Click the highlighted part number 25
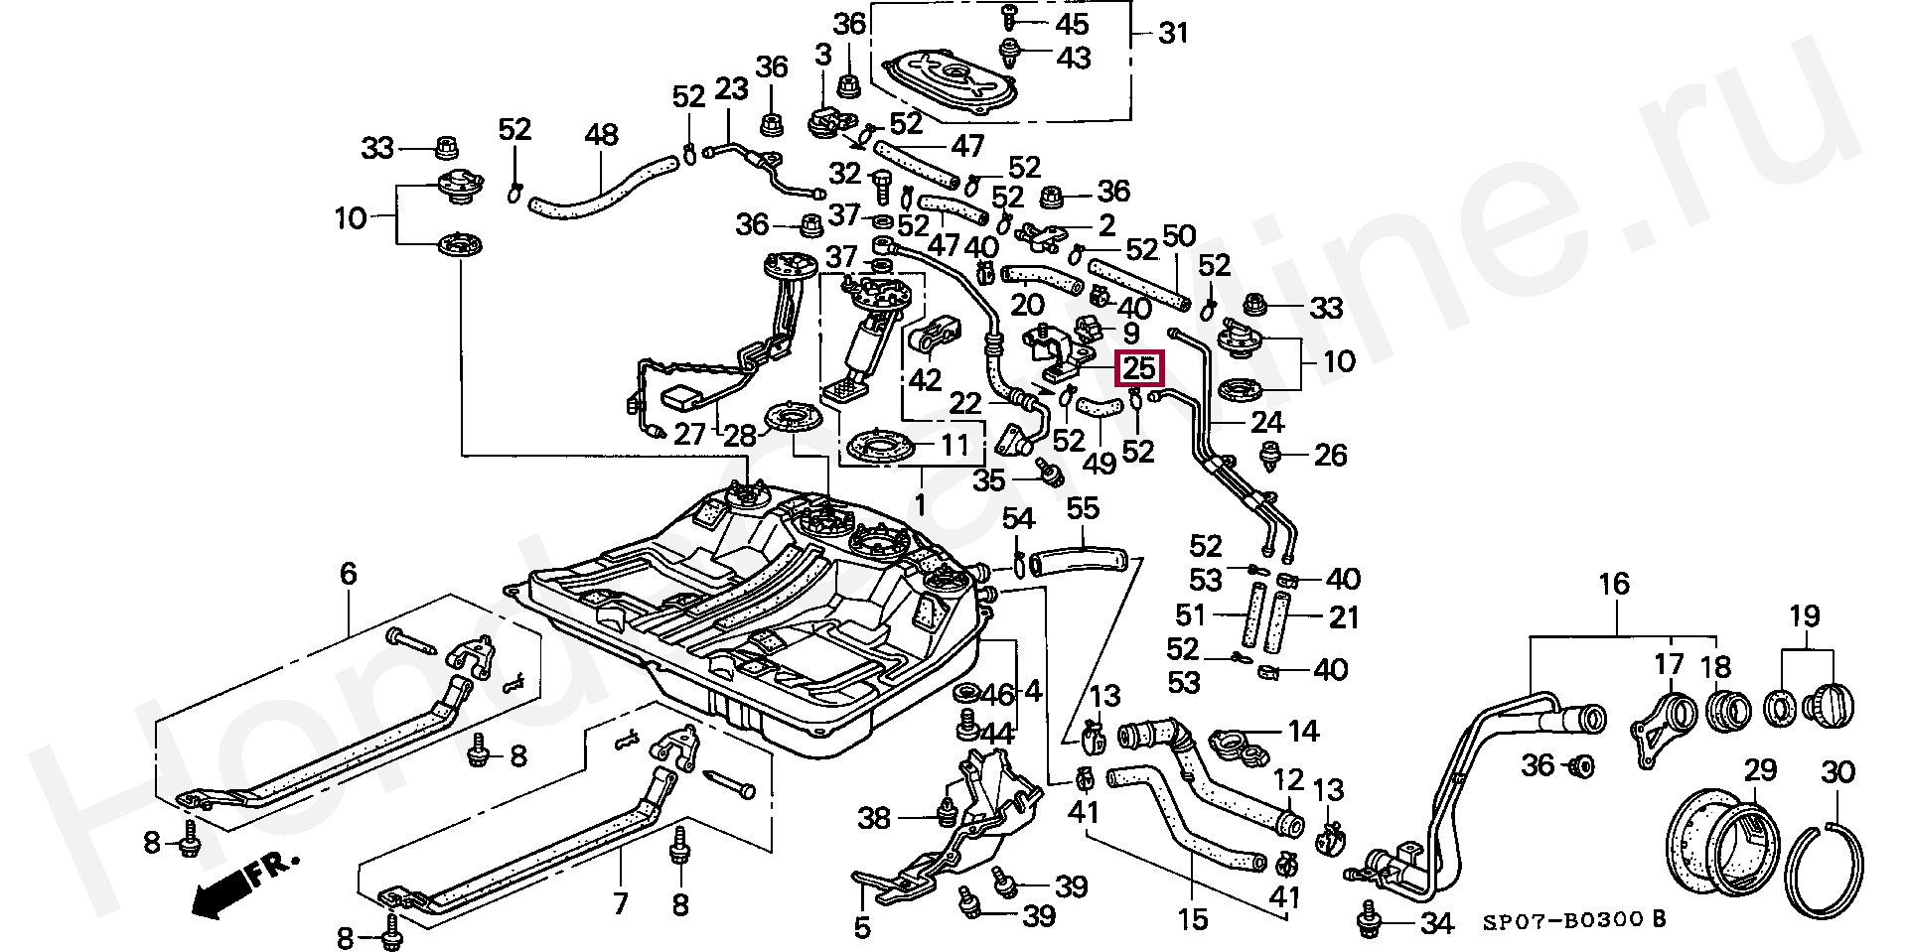(x=1138, y=369)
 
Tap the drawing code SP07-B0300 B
(x=1573, y=920)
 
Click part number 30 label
(x=1837, y=771)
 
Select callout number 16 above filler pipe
(x=1614, y=584)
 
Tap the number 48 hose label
(x=602, y=136)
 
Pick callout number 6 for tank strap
(x=348, y=573)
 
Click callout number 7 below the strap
(x=621, y=903)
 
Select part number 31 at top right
(x=1173, y=34)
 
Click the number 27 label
(x=689, y=434)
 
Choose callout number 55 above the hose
(x=1083, y=509)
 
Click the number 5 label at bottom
(x=862, y=927)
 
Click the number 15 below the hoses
(x=1192, y=920)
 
